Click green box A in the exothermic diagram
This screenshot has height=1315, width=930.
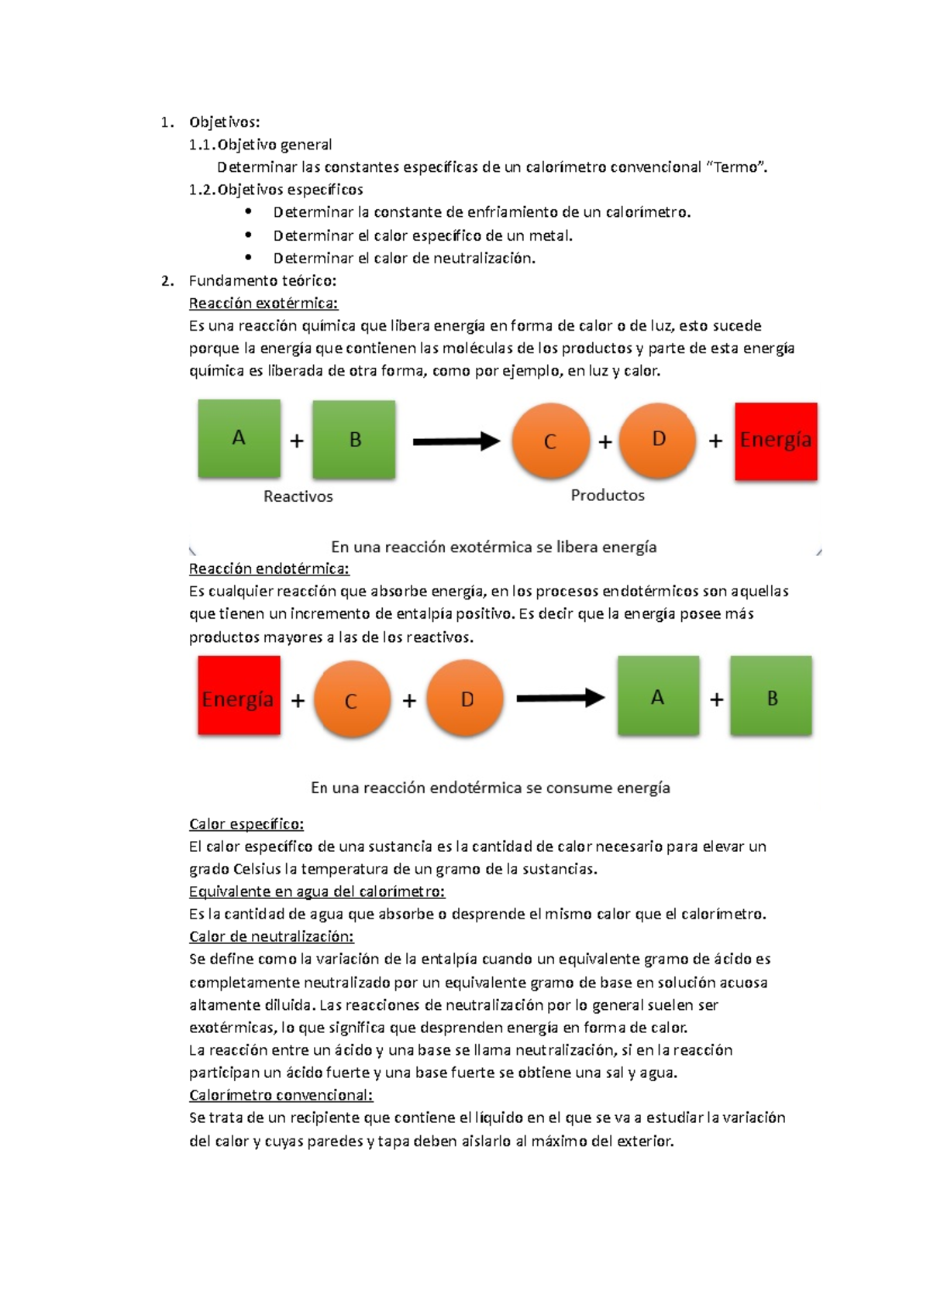click(239, 438)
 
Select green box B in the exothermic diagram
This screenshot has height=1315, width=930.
click(354, 439)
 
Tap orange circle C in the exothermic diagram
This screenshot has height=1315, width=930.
click(550, 441)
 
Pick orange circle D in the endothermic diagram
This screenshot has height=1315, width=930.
click(466, 699)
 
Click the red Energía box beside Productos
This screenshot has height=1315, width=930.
click(776, 441)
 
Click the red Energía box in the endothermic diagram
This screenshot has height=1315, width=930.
click(239, 695)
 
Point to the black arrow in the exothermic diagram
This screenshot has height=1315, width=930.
click(456, 441)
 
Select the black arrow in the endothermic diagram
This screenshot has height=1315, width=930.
click(560, 698)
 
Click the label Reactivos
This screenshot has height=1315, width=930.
click(298, 496)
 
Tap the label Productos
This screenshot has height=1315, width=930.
click(608, 495)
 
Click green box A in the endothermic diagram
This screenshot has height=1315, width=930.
click(658, 696)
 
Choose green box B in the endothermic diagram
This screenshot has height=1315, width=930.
click(771, 696)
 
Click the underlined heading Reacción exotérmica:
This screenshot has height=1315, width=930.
click(263, 303)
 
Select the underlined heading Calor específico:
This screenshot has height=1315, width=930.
click(246, 824)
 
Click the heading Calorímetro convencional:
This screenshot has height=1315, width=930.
click(281, 1095)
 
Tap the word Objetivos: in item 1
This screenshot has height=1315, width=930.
click(224, 122)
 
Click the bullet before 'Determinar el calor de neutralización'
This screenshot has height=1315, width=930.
click(248, 257)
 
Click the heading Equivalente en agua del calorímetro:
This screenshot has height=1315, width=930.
click(317, 891)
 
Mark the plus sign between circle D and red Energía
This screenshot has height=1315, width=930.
click(715, 441)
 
